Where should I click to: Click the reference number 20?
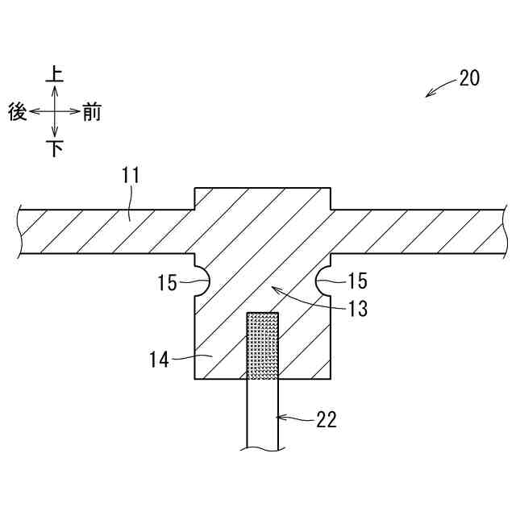[x=469, y=78]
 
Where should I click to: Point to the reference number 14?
[x=159, y=359]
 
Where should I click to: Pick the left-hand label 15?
[x=168, y=282]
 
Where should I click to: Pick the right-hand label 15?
[x=356, y=281]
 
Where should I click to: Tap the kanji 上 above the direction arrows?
[x=55, y=75]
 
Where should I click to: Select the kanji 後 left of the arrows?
[x=18, y=112]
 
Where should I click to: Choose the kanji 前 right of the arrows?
[x=91, y=112]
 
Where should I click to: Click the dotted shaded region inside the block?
[x=263, y=345]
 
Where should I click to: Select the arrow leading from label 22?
[x=294, y=418]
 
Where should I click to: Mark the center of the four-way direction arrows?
[x=55, y=112]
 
